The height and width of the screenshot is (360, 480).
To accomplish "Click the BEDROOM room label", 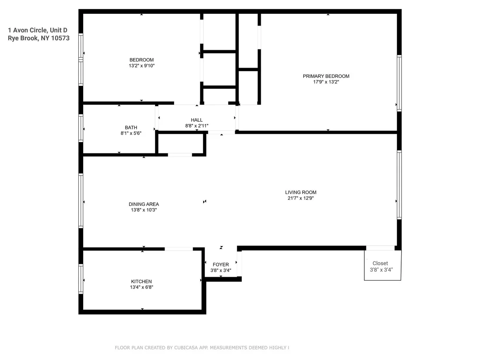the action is pyautogui.click(x=141, y=60).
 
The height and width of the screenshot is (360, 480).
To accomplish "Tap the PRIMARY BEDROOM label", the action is pyautogui.click(x=326, y=76).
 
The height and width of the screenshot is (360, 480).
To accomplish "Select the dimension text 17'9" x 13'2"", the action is pyautogui.click(x=326, y=82).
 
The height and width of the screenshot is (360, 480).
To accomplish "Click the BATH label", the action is pyautogui.click(x=131, y=127).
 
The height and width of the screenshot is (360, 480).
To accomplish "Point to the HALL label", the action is pyautogui.click(x=197, y=120).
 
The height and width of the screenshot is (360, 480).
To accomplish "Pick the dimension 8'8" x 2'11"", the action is pyautogui.click(x=197, y=126).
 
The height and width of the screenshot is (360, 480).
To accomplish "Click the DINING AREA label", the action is pyautogui.click(x=143, y=204).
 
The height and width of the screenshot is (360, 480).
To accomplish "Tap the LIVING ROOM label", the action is pyautogui.click(x=301, y=192).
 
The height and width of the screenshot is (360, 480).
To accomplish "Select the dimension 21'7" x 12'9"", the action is pyautogui.click(x=301, y=198).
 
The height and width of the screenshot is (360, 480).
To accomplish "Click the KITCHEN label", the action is pyautogui.click(x=141, y=281).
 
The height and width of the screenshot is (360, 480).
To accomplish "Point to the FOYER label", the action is pyautogui.click(x=221, y=265).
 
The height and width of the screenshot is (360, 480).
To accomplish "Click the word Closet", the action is pyautogui.click(x=380, y=263).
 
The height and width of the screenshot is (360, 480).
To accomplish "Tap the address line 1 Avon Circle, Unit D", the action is pyautogui.click(x=38, y=30).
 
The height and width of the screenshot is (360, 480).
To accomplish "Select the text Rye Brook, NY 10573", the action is pyautogui.click(x=39, y=38).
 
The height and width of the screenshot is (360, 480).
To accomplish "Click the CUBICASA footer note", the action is pyautogui.click(x=202, y=347).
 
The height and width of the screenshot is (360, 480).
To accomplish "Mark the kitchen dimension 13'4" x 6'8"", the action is pyautogui.click(x=141, y=287).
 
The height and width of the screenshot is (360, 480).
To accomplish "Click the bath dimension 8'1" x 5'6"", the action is pyautogui.click(x=131, y=133).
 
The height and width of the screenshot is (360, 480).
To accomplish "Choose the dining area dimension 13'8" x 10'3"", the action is pyautogui.click(x=143, y=210).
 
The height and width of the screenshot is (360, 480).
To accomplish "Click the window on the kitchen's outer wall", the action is pyautogui.click(x=81, y=279).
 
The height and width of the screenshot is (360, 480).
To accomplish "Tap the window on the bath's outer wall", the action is pyautogui.click(x=81, y=128).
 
